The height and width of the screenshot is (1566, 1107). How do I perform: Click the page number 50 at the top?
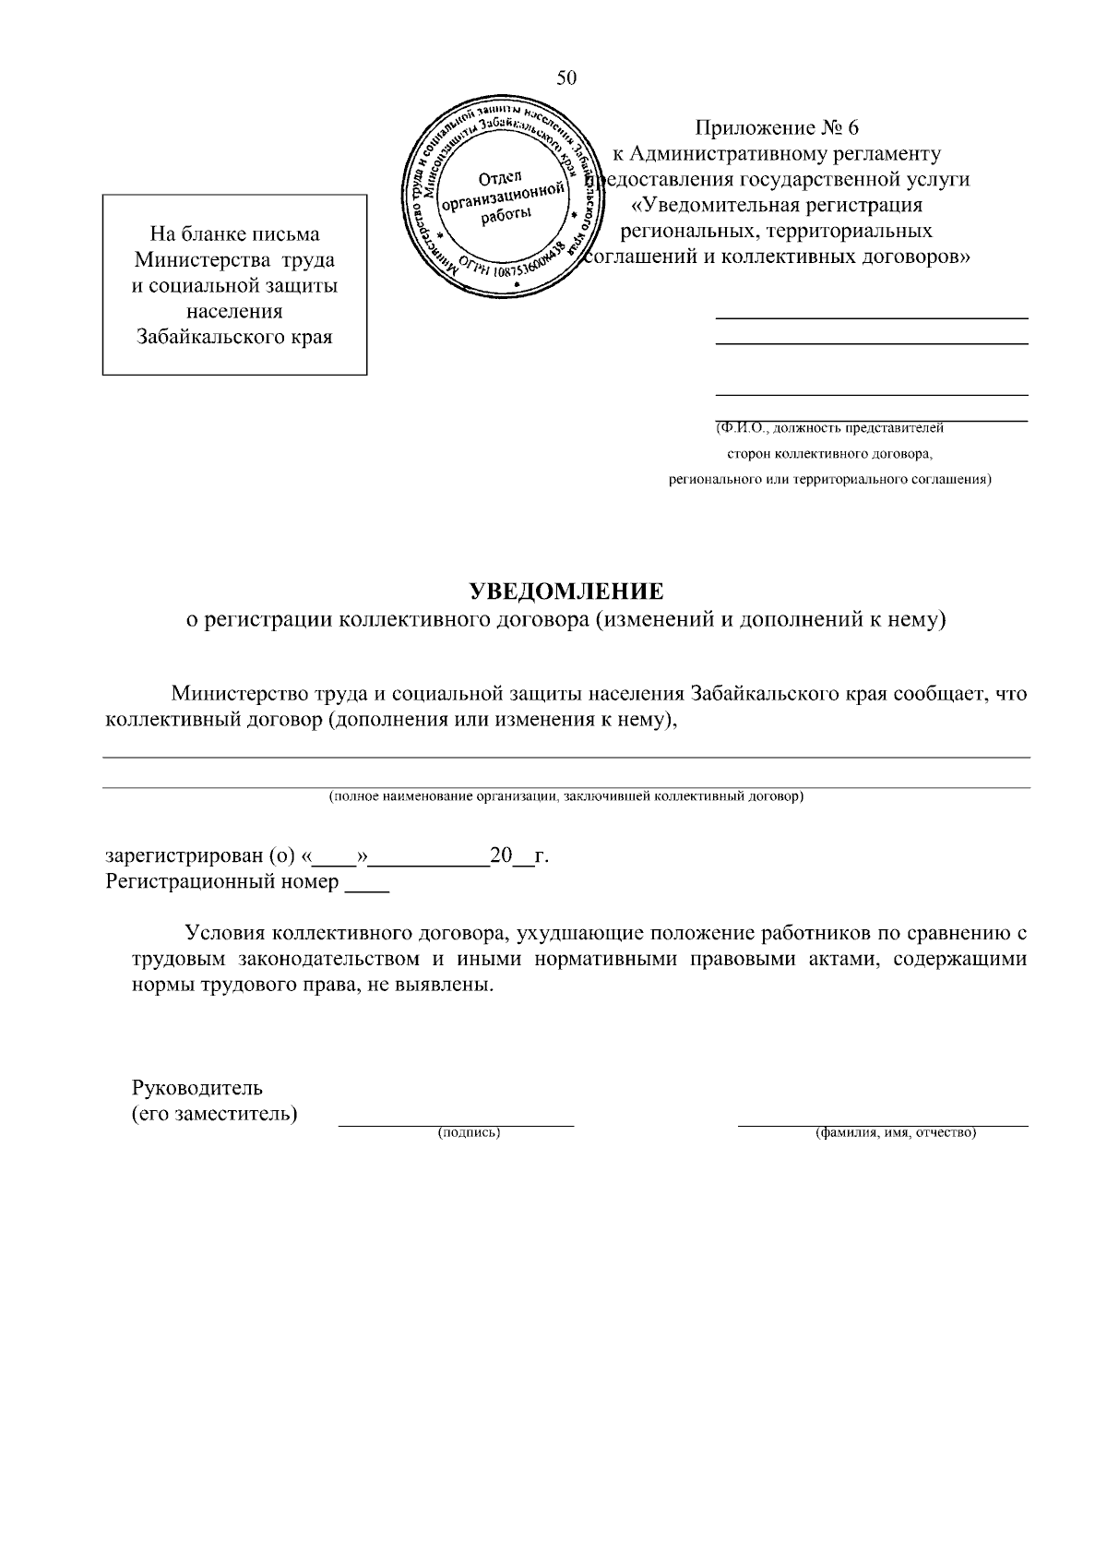tap(566, 78)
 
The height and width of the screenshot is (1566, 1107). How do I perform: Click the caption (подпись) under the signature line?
tap(469, 1133)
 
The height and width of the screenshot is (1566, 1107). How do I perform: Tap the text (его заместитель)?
tap(215, 1113)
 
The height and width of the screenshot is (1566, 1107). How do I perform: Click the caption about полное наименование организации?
tap(566, 796)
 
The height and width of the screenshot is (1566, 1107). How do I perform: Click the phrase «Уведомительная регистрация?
tap(777, 205)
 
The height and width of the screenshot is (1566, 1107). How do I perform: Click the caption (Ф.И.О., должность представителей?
tap(830, 428)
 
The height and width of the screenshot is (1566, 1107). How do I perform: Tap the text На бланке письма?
tap(234, 234)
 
